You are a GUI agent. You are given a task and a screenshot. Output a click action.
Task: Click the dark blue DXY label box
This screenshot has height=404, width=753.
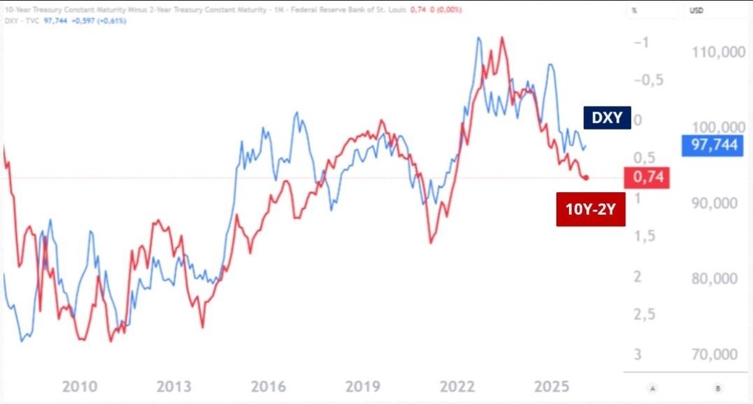[607, 118]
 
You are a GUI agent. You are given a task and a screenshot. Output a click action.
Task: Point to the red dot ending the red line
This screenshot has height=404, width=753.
[586, 178]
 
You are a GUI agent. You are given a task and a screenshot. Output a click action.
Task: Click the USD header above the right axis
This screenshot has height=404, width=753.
[697, 11]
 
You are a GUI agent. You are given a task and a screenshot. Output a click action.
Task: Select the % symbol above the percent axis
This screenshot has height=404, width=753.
[634, 11]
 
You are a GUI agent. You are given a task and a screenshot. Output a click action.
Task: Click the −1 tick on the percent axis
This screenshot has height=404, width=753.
[641, 42]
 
